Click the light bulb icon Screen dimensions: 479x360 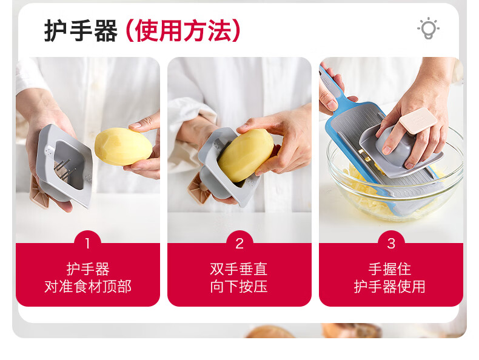click(428, 28)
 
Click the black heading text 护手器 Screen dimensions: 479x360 click(81, 30)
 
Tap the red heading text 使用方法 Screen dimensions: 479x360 click(183, 30)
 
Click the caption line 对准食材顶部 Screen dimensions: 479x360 click(88, 287)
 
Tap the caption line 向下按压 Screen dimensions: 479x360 click(239, 287)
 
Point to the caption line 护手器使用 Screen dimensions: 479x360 click(390, 287)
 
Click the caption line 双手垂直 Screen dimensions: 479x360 click(239, 269)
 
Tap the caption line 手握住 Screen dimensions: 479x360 click(390, 269)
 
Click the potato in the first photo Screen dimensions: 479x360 click(123, 147)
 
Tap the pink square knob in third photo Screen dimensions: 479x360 click(418, 121)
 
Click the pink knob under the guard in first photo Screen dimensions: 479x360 click(39, 193)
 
